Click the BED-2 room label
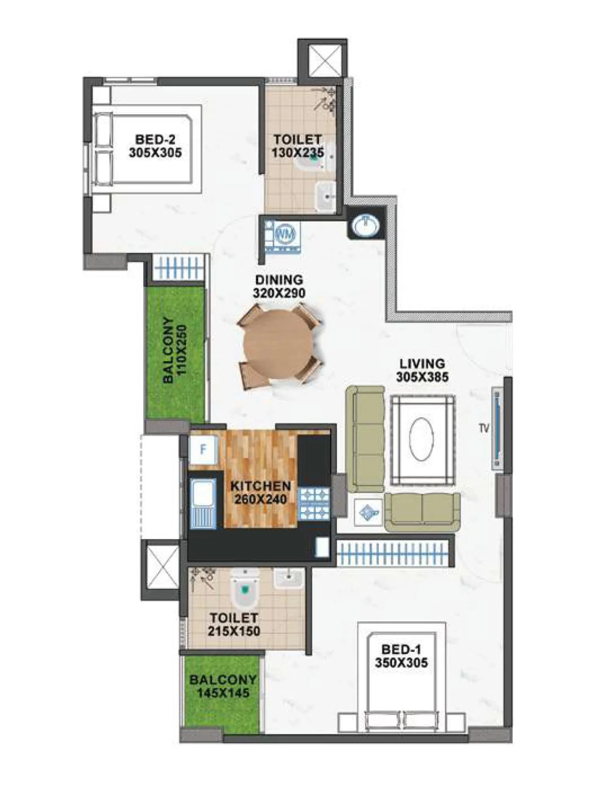[155, 139]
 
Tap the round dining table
[278, 344]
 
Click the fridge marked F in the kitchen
[203, 450]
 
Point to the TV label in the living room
[484, 428]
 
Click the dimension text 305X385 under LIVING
[422, 377]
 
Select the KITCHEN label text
[261, 486]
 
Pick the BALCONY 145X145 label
[223, 686]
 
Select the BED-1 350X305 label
[401, 656]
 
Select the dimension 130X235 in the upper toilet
[297, 153]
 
